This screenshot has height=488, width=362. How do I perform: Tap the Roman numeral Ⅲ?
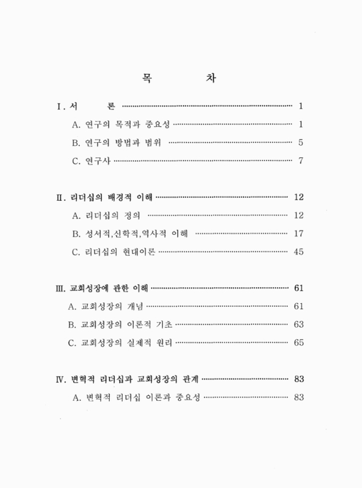[x=59, y=288]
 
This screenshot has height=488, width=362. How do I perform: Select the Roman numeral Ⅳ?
[x=59, y=379]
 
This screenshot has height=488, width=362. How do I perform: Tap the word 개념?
[x=133, y=306]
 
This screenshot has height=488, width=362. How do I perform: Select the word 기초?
[x=160, y=325]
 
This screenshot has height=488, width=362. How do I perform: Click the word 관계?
[x=184, y=379]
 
